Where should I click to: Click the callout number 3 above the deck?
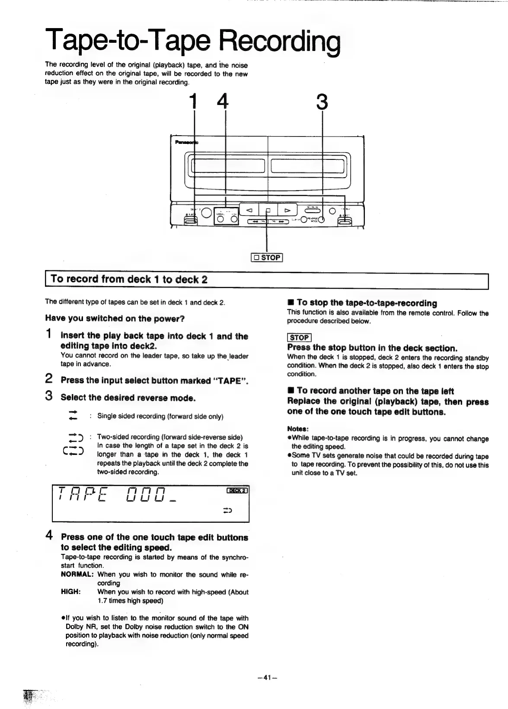click(322, 103)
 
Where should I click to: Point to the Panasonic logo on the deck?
click(184, 142)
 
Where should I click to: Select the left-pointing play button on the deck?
click(249, 210)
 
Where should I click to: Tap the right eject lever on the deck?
click(345, 221)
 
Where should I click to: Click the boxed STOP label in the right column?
click(299, 337)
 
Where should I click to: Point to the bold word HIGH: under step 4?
click(71, 592)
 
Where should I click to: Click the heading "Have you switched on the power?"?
click(115, 318)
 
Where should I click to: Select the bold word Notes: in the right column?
click(297, 429)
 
